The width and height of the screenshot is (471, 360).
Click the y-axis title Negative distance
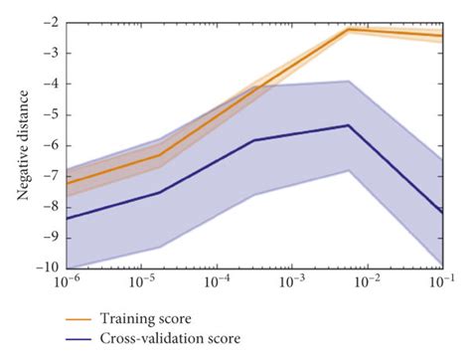pyautogui.click(x=21, y=145)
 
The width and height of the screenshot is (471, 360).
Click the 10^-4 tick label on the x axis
pyautogui.click(x=219, y=283)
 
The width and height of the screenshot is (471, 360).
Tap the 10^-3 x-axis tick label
pyautogui.click(x=293, y=283)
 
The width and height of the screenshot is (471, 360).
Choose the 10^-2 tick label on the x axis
pyautogui.click(x=368, y=283)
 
